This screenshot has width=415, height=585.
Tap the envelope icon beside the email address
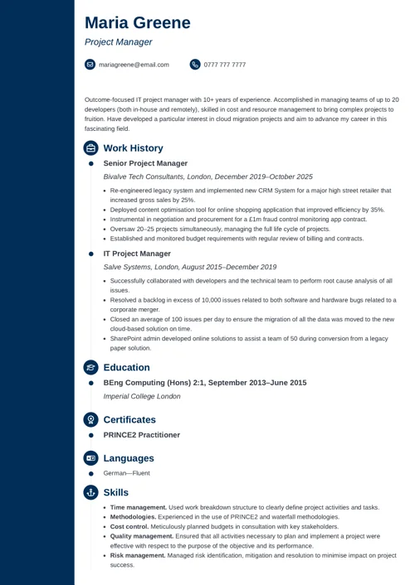click(90, 64)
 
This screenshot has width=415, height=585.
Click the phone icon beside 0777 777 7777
click(195, 64)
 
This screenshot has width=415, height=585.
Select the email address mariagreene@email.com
click(134, 65)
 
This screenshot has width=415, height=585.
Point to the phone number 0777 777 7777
click(224, 65)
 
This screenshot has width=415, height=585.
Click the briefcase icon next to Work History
click(90, 148)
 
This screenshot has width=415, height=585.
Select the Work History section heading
click(133, 148)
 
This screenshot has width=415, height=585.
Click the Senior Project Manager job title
click(145, 163)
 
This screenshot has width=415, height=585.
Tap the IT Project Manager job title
click(137, 254)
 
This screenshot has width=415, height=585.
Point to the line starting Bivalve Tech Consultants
click(207, 176)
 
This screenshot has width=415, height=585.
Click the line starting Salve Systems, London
click(189, 267)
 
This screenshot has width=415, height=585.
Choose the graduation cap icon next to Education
click(90, 368)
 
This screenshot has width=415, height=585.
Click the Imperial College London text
click(141, 396)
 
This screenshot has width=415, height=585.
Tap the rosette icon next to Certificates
click(90, 420)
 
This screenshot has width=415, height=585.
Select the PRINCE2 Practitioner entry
click(141, 434)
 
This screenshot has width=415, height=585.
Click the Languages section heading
click(129, 458)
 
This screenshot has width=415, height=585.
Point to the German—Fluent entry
click(126, 473)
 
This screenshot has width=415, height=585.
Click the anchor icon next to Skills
click(90, 492)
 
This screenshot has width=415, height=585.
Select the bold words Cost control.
click(129, 526)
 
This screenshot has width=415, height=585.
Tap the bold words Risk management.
click(138, 555)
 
